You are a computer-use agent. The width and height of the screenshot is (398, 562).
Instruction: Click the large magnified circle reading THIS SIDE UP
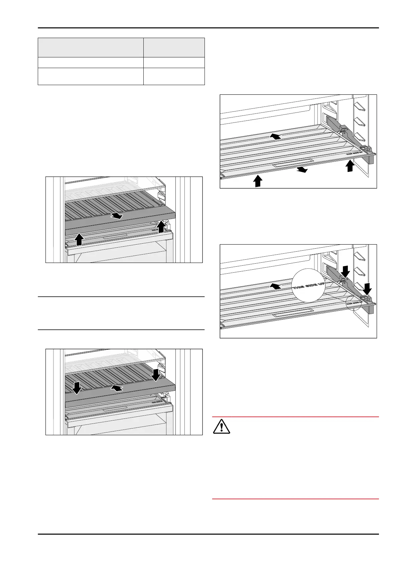pyautogui.click(x=308, y=286)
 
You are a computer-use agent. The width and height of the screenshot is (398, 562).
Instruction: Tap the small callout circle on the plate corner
pyautogui.click(x=354, y=303)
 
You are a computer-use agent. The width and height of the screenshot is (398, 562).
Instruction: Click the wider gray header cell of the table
pyautogui.click(x=91, y=47)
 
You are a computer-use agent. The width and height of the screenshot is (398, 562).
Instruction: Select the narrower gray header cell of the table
pyautogui.click(x=174, y=47)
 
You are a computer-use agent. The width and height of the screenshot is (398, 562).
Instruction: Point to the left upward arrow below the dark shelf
pyautogui.click(x=79, y=239)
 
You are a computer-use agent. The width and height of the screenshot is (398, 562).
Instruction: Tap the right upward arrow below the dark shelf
pyautogui.click(x=162, y=226)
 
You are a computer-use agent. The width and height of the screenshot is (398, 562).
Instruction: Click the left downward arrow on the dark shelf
pyautogui.click(x=77, y=387)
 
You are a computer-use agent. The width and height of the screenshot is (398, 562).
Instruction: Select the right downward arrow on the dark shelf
pyautogui.click(x=156, y=375)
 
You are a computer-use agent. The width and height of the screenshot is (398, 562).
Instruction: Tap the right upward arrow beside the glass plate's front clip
pyautogui.click(x=350, y=166)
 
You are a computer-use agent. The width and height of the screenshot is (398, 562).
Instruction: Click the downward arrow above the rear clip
pyautogui.click(x=345, y=271)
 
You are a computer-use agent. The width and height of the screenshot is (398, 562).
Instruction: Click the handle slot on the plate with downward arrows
pyautogui.click(x=293, y=315)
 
